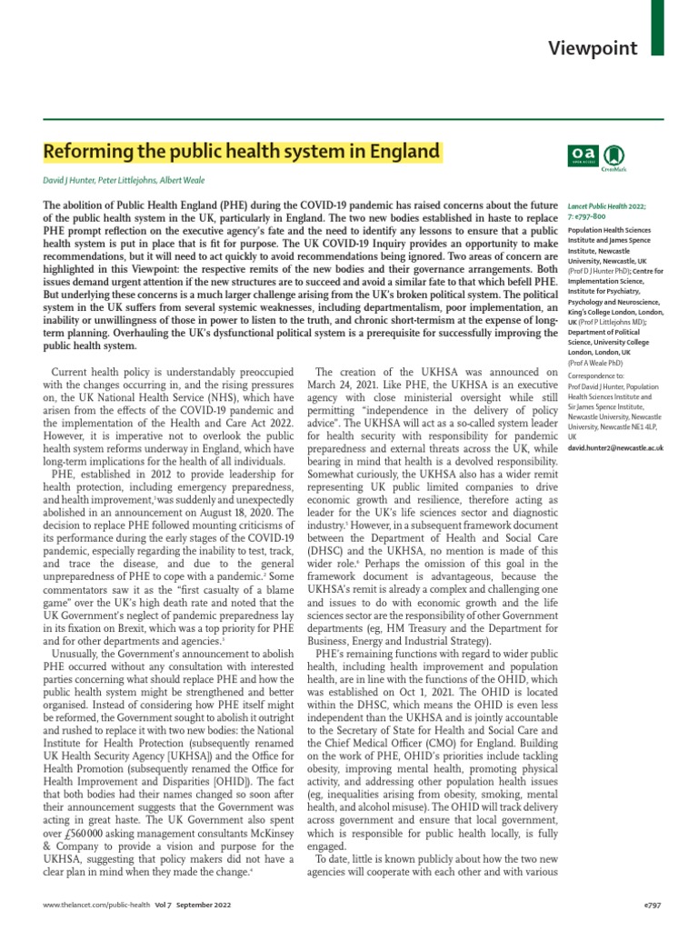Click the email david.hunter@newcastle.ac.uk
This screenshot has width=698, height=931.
[x=615, y=448]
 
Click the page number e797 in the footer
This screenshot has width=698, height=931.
[x=652, y=906]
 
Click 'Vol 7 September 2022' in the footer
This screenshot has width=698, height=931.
[x=183, y=906]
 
